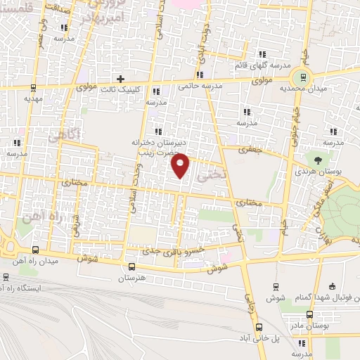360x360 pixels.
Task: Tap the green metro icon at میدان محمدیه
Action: click(303, 77)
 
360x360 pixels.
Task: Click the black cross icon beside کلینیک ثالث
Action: click(120, 79)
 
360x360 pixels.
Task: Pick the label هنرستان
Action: click(132, 278)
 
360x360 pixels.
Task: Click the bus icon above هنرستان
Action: click(132, 266)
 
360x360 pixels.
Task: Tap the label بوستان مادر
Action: click(309, 326)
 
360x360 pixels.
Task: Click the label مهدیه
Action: click(34, 99)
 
